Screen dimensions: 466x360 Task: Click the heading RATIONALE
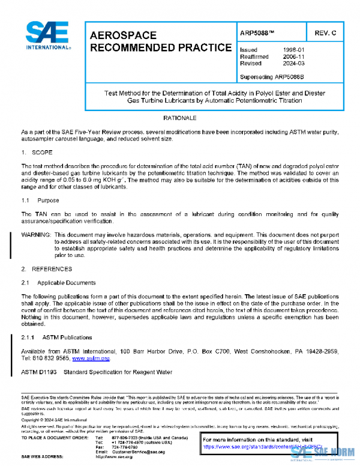pos(180,118)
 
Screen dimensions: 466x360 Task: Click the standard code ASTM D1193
pos(40,372)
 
